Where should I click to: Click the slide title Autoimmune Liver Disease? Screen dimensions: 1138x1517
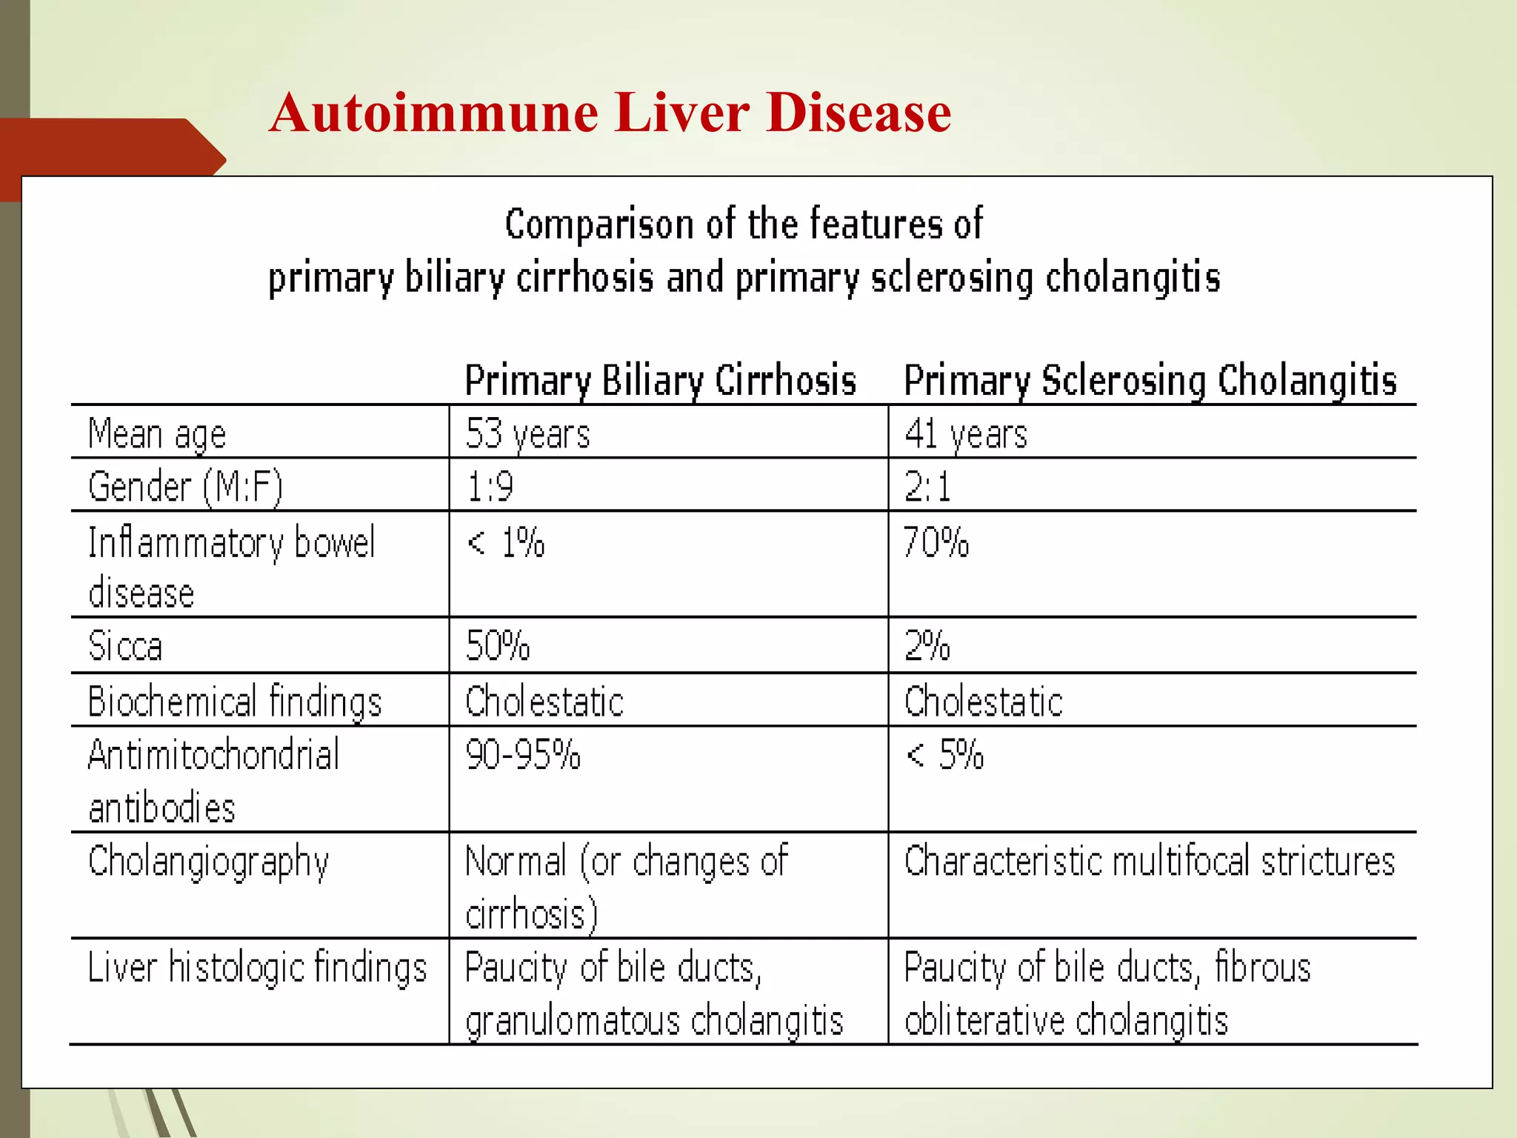(610, 113)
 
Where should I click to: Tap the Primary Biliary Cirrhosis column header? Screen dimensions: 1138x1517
(660, 381)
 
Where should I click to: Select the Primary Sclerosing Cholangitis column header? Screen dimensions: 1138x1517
(1150, 381)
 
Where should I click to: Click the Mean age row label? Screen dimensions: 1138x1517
(157, 433)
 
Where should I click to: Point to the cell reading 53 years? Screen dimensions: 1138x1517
(527, 433)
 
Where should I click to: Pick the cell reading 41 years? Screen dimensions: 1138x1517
(965, 433)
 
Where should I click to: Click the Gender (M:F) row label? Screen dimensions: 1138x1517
(185, 487)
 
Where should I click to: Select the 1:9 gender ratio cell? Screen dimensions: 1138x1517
(490, 488)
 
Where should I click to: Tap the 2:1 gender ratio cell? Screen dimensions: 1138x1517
(927, 488)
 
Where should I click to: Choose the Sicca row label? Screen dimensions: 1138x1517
(124, 645)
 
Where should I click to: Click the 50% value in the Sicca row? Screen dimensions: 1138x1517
(497, 645)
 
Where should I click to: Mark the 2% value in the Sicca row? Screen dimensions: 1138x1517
(927, 645)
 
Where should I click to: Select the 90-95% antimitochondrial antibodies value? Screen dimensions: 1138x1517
(523, 755)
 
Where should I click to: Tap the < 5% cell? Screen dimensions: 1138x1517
(945, 755)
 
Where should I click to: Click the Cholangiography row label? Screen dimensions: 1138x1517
(208, 862)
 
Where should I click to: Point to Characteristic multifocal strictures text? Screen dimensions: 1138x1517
(1149, 862)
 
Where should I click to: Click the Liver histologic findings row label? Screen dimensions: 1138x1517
(257, 968)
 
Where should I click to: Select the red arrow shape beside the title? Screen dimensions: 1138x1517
(111, 157)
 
